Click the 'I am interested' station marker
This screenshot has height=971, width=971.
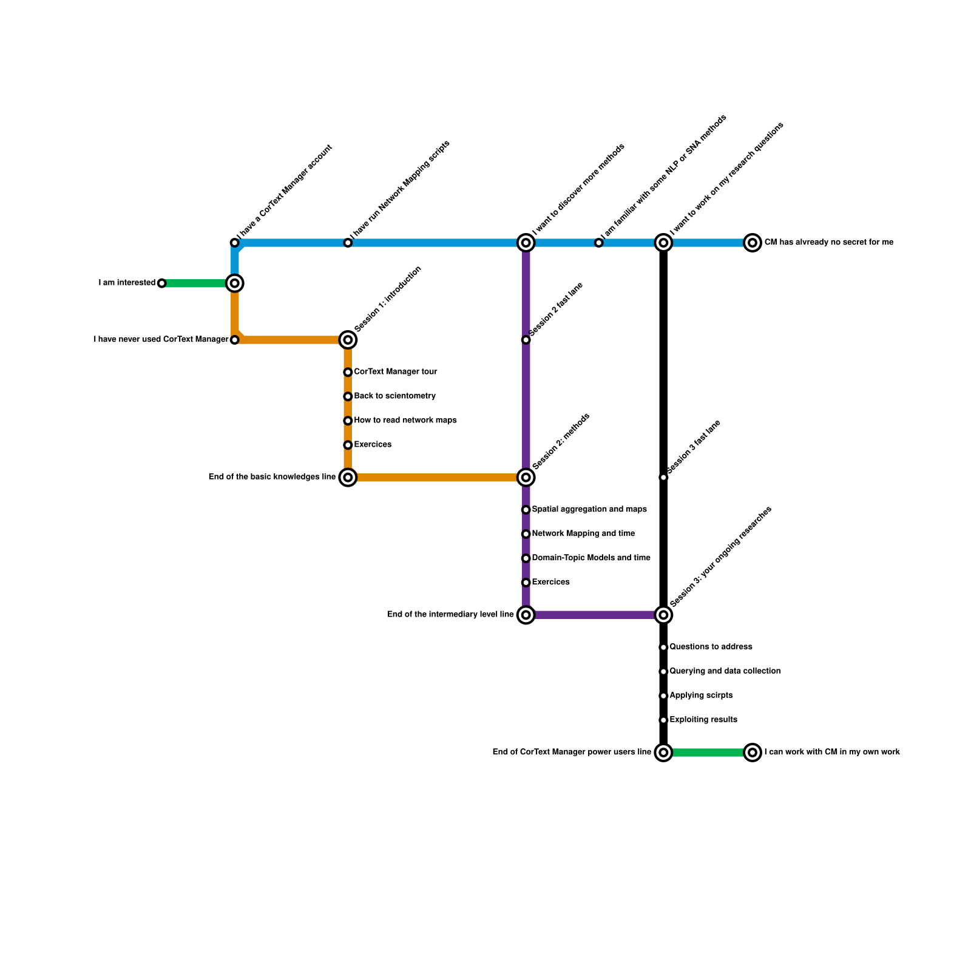[161, 283]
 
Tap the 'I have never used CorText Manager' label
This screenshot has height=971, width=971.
[161, 340]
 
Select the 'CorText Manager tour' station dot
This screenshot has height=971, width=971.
[348, 373]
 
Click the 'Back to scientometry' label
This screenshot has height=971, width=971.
[394, 396]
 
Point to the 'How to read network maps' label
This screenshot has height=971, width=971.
[405, 421]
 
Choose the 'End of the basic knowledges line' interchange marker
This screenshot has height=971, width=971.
[348, 478]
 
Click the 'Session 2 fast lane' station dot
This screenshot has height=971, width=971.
[526, 340]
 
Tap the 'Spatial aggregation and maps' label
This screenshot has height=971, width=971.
[589, 510]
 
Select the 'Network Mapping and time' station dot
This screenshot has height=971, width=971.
[526, 534]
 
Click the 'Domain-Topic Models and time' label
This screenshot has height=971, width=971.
[590, 558]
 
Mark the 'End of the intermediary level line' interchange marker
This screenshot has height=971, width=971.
[526, 615]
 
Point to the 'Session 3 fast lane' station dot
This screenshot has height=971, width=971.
[663, 478]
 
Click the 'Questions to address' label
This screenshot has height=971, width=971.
[711, 647]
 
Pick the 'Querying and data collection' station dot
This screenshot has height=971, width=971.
[663, 672]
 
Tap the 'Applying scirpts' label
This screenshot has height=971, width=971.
[701, 695]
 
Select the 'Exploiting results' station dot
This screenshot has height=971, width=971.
[663, 720]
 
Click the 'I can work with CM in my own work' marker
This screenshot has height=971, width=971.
[753, 753]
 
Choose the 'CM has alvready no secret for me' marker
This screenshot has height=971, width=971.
[753, 243]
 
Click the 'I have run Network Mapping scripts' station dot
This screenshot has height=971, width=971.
[348, 243]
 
